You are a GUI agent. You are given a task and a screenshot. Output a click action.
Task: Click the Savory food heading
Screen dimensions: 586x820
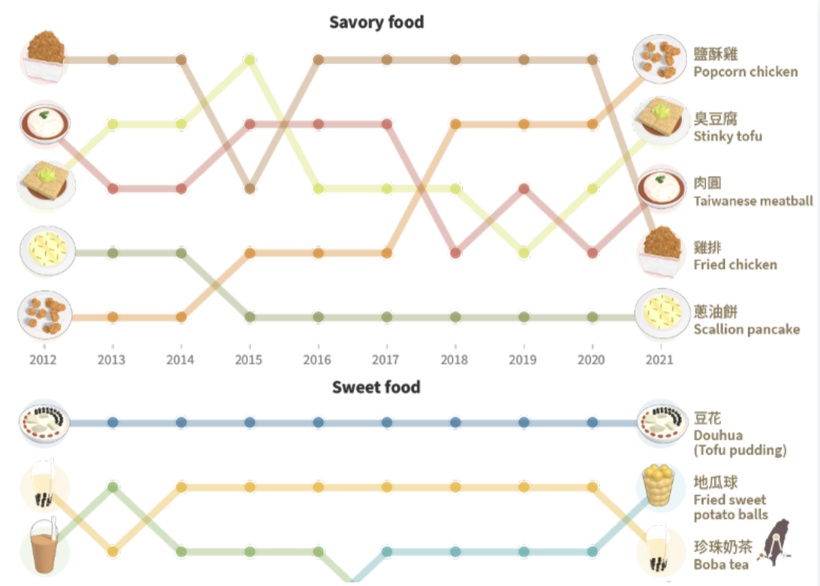[376, 22]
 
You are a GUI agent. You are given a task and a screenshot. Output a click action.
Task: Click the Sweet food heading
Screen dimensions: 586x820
[376, 387]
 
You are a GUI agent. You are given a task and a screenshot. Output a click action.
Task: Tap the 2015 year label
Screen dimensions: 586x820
[248, 360]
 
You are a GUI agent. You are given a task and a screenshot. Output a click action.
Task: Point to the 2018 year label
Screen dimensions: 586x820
[454, 360]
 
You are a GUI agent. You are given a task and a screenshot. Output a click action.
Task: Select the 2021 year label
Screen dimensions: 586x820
[659, 360]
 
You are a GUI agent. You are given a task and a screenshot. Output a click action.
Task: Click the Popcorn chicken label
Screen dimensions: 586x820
[745, 71]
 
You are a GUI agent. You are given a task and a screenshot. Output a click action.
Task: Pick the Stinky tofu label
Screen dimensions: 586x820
[727, 136]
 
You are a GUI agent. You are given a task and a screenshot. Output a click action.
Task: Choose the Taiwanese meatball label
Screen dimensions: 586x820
[753, 200]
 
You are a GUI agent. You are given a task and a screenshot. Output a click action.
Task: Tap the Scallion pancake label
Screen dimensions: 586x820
[746, 329]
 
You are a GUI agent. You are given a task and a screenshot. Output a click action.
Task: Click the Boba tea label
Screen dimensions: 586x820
[721, 564]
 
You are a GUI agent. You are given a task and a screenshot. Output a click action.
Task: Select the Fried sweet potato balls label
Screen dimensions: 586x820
[730, 507]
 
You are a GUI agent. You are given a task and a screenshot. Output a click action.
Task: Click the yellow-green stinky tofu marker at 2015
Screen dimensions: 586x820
[250, 60]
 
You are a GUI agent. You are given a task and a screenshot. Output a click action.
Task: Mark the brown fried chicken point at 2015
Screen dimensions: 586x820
[250, 189]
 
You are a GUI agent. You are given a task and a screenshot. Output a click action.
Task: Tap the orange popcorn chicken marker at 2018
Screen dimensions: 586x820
[455, 124]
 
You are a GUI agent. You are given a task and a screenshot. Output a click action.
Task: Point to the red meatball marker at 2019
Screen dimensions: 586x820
[524, 189]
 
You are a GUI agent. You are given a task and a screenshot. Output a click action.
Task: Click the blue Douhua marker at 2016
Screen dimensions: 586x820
[318, 423]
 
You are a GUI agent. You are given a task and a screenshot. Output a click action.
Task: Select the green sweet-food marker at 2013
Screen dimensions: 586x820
[113, 488]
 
